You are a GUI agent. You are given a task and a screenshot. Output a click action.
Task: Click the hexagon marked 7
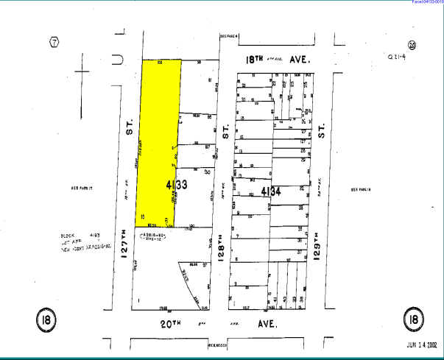point(54,41)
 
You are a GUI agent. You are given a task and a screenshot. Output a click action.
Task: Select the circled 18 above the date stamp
point(412,320)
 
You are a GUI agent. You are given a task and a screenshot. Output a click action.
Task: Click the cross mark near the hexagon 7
point(82,73)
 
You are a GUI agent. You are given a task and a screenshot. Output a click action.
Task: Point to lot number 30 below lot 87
point(208,172)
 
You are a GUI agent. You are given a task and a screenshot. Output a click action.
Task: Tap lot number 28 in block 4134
point(302,152)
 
